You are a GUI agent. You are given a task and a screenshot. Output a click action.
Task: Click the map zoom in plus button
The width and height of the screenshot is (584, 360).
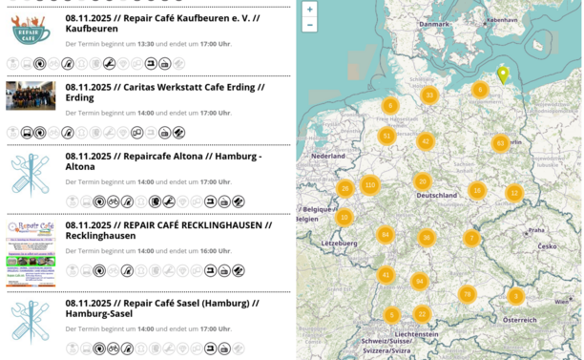[x=309, y=10]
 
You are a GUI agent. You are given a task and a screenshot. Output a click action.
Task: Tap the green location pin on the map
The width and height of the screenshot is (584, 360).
[x=503, y=74]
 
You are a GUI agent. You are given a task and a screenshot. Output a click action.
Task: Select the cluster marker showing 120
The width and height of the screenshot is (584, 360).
[x=370, y=184]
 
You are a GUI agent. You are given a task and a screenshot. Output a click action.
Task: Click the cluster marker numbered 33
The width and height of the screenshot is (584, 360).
[x=429, y=95]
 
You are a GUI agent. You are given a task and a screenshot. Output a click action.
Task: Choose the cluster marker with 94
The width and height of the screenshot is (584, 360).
[x=419, y=281]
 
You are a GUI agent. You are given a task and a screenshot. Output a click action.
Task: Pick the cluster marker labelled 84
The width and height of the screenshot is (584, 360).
[x=385, y=234]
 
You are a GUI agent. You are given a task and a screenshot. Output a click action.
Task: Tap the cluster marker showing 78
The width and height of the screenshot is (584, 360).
[x=467, y=294]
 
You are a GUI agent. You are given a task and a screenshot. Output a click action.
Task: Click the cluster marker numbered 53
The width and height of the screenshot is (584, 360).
[x=500, y=143]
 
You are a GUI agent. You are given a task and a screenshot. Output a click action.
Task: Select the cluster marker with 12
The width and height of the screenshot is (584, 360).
[x=514, y=193]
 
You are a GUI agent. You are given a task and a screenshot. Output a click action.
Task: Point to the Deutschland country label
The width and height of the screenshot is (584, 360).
[x=437, y=196]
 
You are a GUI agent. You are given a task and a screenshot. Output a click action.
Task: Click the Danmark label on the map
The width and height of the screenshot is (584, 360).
[x=433, y=24]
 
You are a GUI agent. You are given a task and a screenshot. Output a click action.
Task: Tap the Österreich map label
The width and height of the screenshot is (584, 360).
[x=519, y=320]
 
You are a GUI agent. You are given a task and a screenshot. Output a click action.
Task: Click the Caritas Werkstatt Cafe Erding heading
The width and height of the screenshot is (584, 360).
[x=165, y=92]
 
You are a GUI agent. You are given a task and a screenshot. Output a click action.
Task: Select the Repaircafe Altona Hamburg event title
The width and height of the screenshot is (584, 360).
[x=163, y=160]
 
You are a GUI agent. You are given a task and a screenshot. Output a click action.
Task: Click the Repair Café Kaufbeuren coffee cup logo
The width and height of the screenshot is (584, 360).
[x=31, y=31]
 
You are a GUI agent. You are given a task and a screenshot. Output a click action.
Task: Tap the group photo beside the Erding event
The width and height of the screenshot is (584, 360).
[x=31, y=95]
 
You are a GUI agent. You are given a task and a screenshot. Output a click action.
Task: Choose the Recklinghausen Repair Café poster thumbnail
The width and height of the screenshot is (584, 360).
[x=31, y=253]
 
